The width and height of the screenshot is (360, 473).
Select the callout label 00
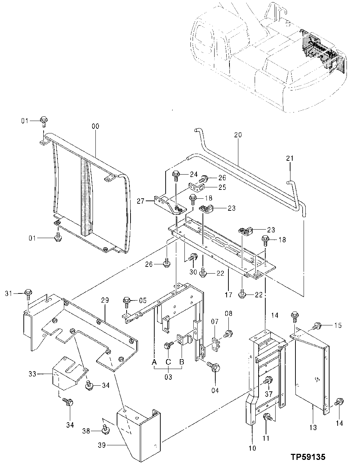(x=95, y=126)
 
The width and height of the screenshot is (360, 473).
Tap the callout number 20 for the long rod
(x=238, y=135)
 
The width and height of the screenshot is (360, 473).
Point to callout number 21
(x=290, y=159)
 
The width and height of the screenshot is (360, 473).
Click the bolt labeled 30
(x=193, y=257)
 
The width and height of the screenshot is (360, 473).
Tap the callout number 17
(x=228, y=295)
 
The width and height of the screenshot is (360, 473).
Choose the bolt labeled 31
(x=28, y=293)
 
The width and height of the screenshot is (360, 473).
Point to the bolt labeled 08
(x=228, y=333)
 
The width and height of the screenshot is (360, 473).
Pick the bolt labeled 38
(x=104, y=430)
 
